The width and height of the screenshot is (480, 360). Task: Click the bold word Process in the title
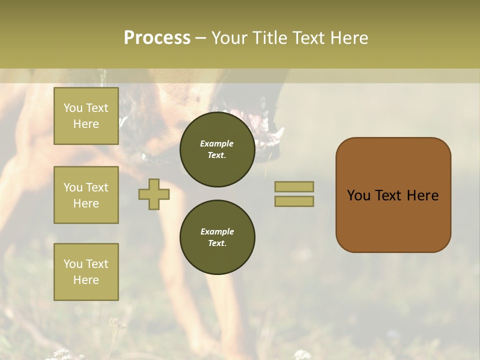pyautogui.click(x=157, y=38)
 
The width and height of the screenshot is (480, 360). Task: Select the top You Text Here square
pyautogui.click(x=86, y=116)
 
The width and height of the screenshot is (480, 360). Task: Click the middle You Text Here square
pyautogui.click(x=86, y=195)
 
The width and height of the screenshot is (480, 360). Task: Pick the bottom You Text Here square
pyautogui.click(x=86, y=272)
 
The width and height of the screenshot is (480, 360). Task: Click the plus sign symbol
pyautogui.click(x=154, y=194)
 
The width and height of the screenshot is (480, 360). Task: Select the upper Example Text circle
pyautogui.click(x=217, y=149)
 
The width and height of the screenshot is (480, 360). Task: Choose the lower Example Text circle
pyautogui.click(x=217, y=237)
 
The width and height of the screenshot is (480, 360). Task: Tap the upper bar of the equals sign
pyautogui.click(x=294, y=186)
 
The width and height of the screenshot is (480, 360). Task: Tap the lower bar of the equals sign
pyautogui.click(x=294, y=201)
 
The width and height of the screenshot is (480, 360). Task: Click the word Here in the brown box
pyautogui.click(x=422, y=195)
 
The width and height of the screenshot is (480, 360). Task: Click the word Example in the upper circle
pyautogui.click(x=217, y=143)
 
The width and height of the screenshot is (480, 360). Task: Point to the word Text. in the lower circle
pyautogui.click(x=217, y=243)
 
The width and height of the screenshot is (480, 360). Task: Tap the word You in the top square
pyautogui.click(x=73, y=108)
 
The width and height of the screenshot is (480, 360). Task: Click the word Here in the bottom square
pyautogui.click(x=86, y=280)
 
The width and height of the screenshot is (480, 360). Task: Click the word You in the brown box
pyautogui.click(x=358, y=195)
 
